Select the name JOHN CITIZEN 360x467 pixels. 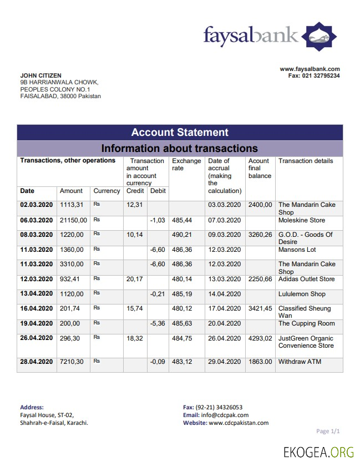coord(40,75)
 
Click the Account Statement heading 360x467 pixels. coord(180,133)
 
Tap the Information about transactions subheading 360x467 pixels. coord(180,148)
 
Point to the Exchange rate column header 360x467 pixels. coord(186,165)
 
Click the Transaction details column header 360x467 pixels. coord(306,161)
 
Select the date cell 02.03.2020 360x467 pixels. coord(37,205)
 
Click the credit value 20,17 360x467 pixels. coord(134,279)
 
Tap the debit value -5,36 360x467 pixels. coord(158,323)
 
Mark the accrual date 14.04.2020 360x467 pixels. coord(225,294)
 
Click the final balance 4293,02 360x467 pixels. coord(260,338)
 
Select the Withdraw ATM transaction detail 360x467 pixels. coord(300,362)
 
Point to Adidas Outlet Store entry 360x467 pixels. coord(306,279)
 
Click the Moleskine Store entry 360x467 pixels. coord(302,220)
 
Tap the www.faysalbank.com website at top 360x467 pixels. coord(310,69)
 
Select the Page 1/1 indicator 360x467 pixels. coord(328,431)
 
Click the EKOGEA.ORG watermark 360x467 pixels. coord(318,452)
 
